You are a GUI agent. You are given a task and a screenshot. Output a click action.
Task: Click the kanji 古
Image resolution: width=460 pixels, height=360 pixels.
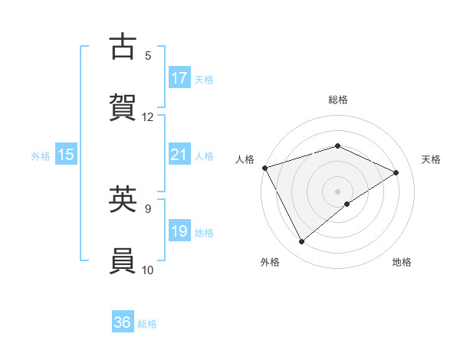(x=123, y=47)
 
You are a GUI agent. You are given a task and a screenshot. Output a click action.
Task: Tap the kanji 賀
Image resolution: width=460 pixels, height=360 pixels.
(x=123, y=107)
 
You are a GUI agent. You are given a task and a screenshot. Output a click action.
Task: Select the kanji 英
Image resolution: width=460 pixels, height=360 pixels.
(x=123, y=200)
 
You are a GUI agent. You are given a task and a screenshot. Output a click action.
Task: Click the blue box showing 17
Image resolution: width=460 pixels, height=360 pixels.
(x=179, y=78)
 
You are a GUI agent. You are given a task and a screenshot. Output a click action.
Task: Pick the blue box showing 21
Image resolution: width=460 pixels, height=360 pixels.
(x=179, y=155)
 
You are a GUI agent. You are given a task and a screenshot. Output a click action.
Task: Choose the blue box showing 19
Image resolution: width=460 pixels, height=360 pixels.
(x=179, y=232)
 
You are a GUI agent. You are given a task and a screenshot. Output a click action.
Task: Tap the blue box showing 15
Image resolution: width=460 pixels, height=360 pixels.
(x=66, y=155)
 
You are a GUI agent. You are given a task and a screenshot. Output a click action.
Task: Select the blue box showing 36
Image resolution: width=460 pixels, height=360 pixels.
(x=123, y=323)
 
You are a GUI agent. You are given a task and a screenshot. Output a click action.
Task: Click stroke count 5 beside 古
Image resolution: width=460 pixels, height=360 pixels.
(x=148, y=55)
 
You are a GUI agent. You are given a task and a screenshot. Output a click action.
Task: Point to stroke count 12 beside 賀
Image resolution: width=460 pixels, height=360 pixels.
(x=148, y=116)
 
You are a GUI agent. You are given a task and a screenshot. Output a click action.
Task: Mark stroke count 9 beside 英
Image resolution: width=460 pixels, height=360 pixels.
(x=148, y=208)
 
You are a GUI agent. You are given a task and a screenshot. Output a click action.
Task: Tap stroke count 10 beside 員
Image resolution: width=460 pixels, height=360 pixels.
(x=148, y=269)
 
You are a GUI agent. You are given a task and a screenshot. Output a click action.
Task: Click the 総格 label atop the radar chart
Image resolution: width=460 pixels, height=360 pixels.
(x=338, y=100)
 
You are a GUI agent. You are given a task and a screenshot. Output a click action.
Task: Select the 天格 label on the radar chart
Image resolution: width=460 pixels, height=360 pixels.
(x=432, y=159)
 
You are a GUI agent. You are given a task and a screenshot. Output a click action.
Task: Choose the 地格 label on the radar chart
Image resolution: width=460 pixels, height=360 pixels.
(x=402, y=262)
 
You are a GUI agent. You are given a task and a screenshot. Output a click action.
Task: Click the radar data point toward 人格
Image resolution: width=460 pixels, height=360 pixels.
(x=264, y=168)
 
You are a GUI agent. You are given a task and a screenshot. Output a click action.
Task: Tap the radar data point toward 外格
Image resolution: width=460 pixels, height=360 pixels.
(x=302, y=242)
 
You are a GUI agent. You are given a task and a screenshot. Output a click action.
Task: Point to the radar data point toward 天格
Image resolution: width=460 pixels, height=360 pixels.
(x=396, y=172)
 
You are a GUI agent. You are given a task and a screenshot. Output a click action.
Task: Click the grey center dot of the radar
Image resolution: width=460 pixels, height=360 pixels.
(x=338, y=191)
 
